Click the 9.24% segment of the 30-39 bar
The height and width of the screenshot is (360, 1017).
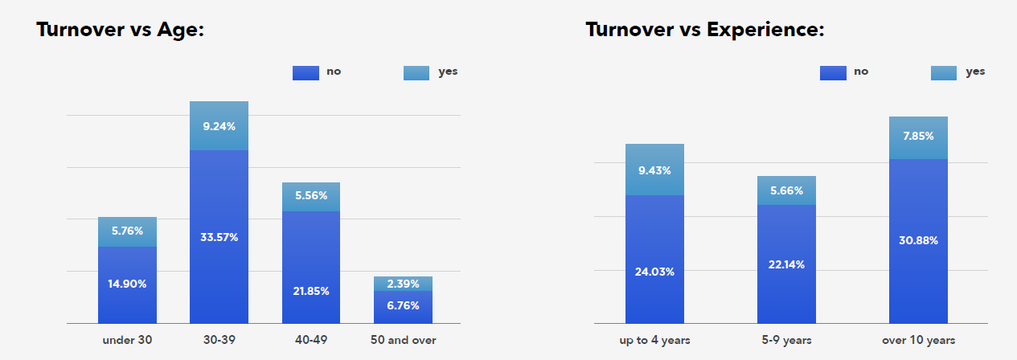tap(219, 125)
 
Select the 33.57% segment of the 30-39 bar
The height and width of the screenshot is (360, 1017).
tap(219, 236)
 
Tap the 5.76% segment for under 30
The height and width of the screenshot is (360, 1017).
tap(127, 231)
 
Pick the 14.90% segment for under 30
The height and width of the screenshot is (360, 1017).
tap(127, 285)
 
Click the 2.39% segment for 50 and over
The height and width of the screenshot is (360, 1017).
tap(403, 284)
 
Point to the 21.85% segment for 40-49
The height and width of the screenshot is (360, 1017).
tap(311, 268)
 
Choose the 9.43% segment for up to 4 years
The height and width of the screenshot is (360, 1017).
tap(654, 170)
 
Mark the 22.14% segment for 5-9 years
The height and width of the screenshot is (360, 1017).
tap(786, 264)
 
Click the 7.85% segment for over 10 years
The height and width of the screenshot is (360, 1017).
tap(918, 138)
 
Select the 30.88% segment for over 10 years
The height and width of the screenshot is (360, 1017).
tap(918, 241)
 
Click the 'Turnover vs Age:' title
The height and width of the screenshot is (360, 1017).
tap(121, 30)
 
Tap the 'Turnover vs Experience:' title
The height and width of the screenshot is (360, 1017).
tap(704, 30)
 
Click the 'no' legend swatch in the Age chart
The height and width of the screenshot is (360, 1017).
tap(306, 73)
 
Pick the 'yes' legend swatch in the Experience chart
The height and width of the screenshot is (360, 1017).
tap(944, 73)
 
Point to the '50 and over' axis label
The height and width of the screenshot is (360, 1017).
tap(403, 340)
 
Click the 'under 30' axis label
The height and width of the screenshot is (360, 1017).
tap(127, 340)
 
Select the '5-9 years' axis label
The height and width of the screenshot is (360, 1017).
tap(786, 340)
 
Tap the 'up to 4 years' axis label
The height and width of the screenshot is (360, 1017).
tap(654, 341)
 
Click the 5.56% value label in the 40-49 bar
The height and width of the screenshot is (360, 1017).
tap(311, 195)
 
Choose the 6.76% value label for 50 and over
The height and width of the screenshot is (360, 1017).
tap(403, 305)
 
